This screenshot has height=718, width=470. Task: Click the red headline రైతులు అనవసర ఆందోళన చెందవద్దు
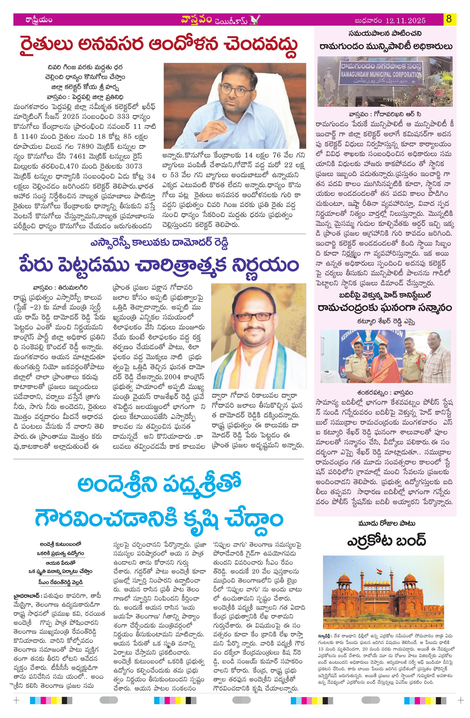(x=157, y=45)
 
